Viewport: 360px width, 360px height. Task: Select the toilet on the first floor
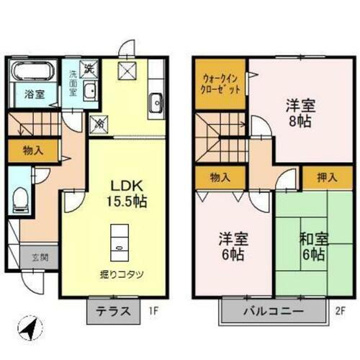pos(20,196)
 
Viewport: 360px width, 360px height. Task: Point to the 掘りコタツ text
pos(120,274)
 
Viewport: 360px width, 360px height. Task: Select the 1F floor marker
pos(153,313)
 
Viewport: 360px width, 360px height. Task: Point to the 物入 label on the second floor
pos(220,178)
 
